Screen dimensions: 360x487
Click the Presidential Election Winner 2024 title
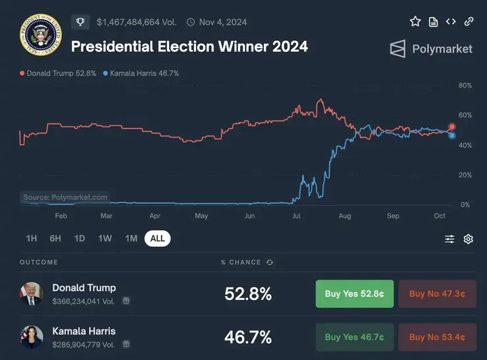(x=189, y=47)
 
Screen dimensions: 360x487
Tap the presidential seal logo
(x=40, y=36)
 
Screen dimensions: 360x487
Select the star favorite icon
(x=415, y=22)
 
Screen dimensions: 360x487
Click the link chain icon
(x=469, y=22)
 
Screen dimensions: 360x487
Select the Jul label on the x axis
(x=296, y=216)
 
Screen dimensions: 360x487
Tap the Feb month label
(x=61, y=216)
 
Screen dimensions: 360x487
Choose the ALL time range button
(x=157, y=238)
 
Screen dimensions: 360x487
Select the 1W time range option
(x=105, y=238)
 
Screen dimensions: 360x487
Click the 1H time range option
(x=32, y=238)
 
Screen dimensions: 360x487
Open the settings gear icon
(x=469, y=239)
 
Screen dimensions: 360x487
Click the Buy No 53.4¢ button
(x=437, y=337)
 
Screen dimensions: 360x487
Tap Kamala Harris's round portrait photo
(x=31, y=336)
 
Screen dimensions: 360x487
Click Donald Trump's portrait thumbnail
(x=31, y=294)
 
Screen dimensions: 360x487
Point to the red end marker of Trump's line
(x=452, y=127)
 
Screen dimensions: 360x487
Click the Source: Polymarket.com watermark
(x=65, y=197)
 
